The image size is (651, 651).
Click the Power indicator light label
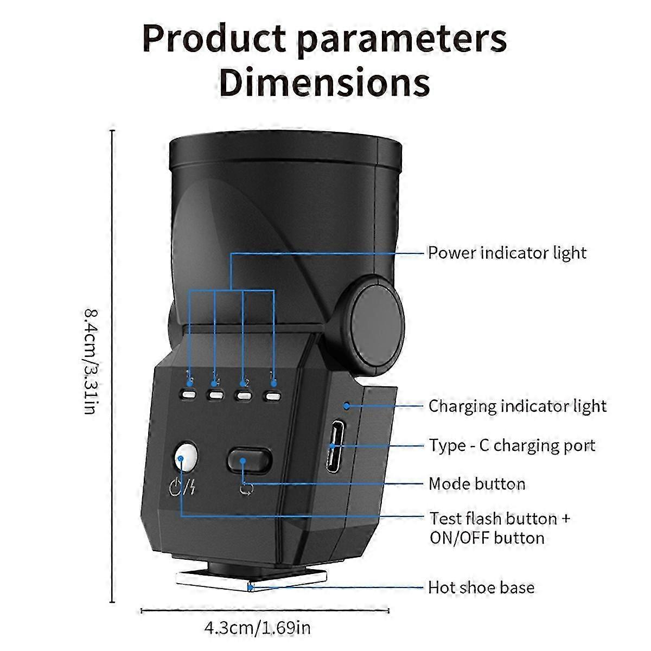pos(507,253)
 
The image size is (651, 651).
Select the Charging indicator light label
pos(517,406)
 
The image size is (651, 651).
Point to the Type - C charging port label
pos(512,445)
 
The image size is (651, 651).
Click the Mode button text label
pos(476,483)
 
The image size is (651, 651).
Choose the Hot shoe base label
pos(481,588)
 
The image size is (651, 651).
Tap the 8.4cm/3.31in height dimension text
pos(91,361)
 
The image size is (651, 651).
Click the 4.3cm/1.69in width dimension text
pos(257,628)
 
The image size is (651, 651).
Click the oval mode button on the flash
pos(249,460)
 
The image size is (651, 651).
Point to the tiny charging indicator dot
pos(346,405)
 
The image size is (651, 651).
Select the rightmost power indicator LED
pos(273,395)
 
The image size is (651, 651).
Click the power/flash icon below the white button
pos(182,487)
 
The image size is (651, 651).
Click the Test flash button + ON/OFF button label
pos(499,528)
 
